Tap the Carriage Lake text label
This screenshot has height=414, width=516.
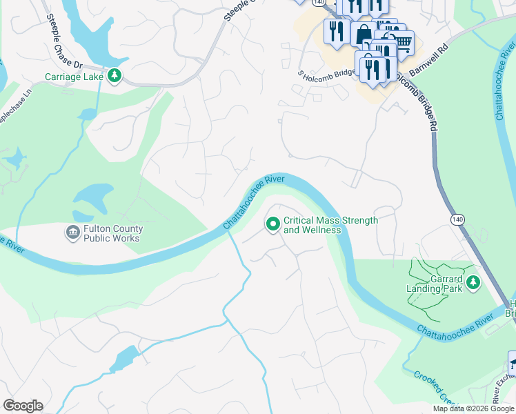pos(74,77)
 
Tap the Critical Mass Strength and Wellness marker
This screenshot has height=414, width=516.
pos(272,224)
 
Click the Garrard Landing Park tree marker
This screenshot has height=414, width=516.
pos(473,282)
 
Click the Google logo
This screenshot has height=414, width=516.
pos(23,406)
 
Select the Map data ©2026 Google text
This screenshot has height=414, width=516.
pos(473,408)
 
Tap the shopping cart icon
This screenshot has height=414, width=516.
pos(403,43)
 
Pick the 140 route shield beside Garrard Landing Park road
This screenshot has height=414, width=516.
pos(458,219)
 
